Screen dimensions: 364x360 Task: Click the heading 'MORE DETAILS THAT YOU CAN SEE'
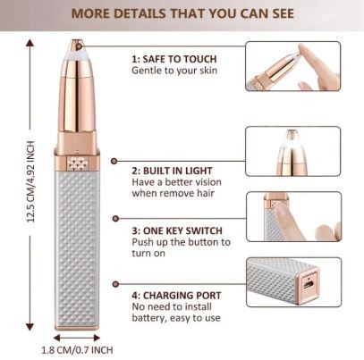182,13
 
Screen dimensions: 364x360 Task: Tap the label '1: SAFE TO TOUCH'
174,59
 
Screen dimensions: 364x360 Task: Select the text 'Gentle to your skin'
174,71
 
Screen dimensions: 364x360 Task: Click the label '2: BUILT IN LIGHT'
172,171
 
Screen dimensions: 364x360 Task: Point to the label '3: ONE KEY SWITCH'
177,230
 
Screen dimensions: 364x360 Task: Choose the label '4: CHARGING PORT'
176,296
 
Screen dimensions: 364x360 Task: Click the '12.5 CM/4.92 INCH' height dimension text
31,181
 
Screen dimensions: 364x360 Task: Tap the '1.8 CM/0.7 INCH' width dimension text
77,350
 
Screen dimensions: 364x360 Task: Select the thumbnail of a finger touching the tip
292,66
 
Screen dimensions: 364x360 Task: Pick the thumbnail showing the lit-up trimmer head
292,151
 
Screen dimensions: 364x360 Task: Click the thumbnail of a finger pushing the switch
294,216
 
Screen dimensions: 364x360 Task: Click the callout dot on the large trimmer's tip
79,46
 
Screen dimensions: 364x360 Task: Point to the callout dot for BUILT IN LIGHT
114,161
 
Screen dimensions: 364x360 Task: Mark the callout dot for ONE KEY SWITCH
115,219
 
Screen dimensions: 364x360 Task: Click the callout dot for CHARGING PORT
115,284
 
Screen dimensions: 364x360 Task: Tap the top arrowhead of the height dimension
30,43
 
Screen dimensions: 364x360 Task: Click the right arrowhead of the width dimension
97,338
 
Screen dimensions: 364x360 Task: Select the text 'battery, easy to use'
176,318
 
